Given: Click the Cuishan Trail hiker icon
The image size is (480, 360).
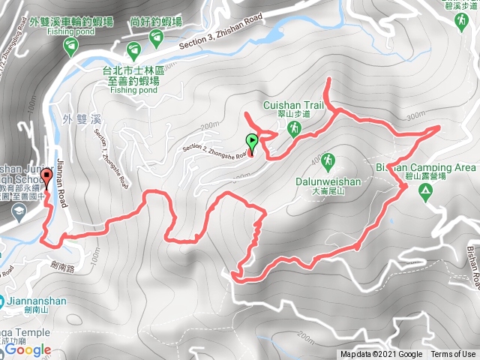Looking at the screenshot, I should point(295,129).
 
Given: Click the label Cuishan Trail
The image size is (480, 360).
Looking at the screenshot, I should point(293,106).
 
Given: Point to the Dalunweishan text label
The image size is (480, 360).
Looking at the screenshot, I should point(334,181).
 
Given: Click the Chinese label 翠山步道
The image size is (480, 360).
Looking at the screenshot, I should point(293,116).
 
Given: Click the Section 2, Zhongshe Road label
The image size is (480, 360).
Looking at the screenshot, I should point(214,149).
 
